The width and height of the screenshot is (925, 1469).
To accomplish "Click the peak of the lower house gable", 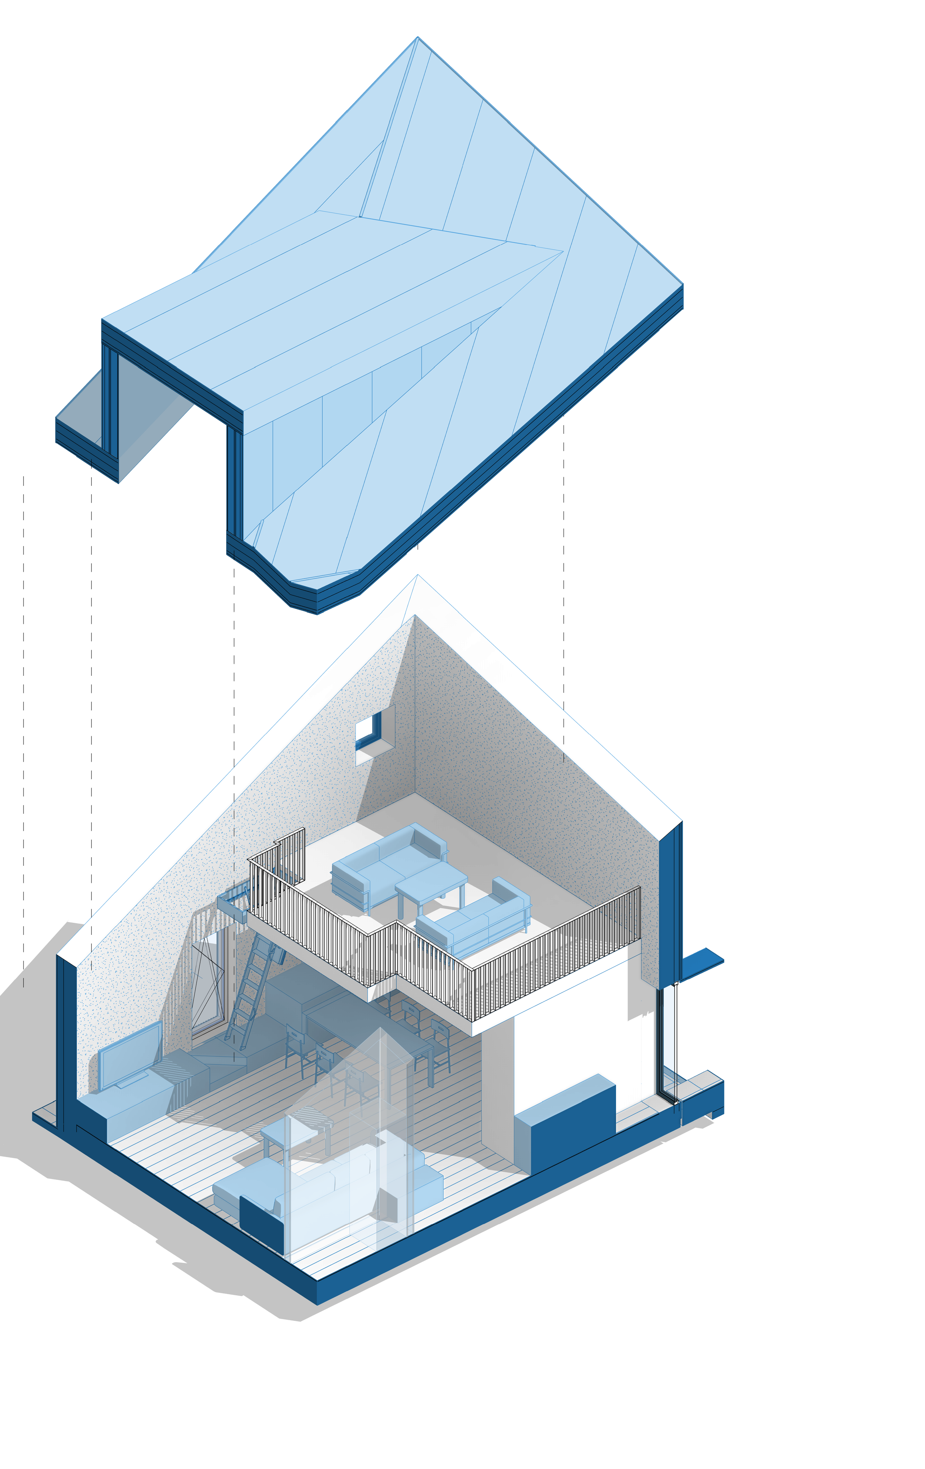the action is (417, 577).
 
